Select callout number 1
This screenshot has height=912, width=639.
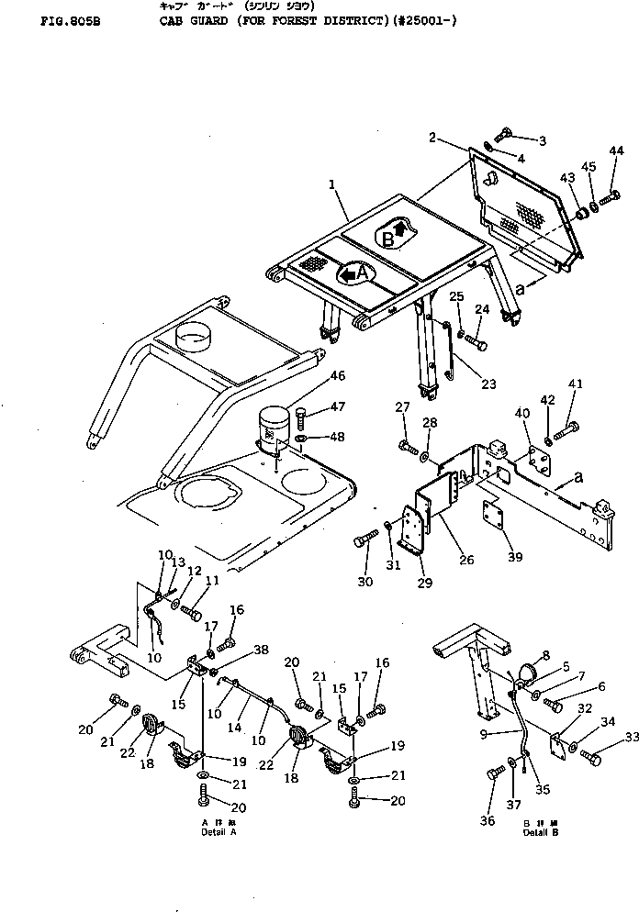331,184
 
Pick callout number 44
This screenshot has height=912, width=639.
616,150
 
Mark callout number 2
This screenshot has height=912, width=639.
432,138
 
